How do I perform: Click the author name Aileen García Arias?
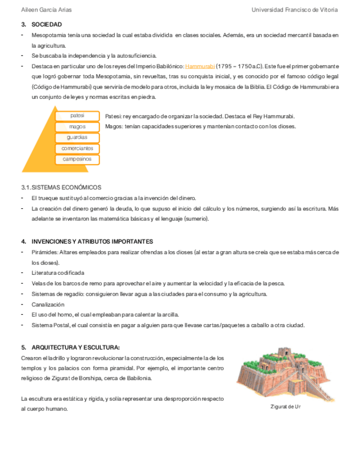[46, 10]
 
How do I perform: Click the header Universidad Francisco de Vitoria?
[295, 10]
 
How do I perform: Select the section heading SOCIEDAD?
[47, 25]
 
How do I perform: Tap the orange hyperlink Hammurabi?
[200, 66]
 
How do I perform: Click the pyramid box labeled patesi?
[77, 116]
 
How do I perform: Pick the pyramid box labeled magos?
[77, 127]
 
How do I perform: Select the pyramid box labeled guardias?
[77, 137]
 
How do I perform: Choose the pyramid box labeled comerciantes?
[77, 148]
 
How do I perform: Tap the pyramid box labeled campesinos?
[77, 159]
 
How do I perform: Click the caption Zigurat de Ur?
[285, 407]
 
